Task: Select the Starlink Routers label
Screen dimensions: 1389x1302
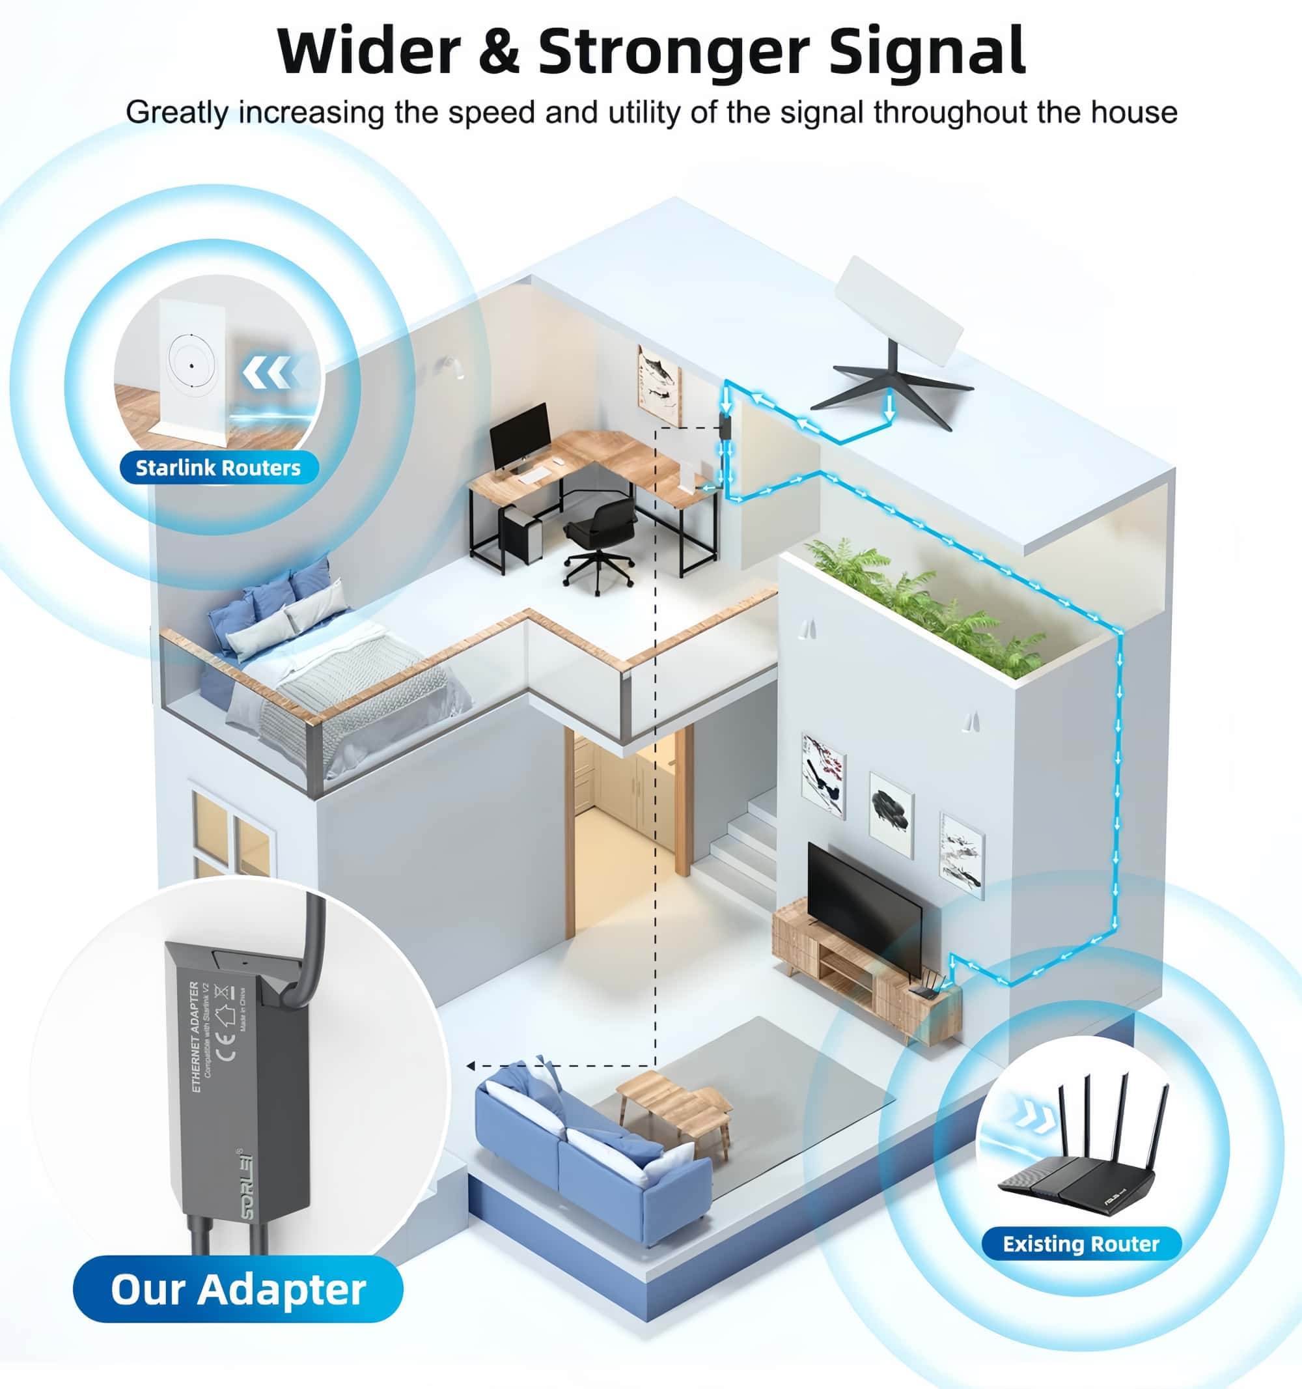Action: (218, 468)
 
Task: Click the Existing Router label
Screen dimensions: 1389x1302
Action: (1081, 1244)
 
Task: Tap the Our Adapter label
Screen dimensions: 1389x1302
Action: (238, 1289)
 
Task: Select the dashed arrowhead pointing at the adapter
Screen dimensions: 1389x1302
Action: (471, 1066)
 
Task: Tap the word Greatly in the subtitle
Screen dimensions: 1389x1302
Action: (178, 113)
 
